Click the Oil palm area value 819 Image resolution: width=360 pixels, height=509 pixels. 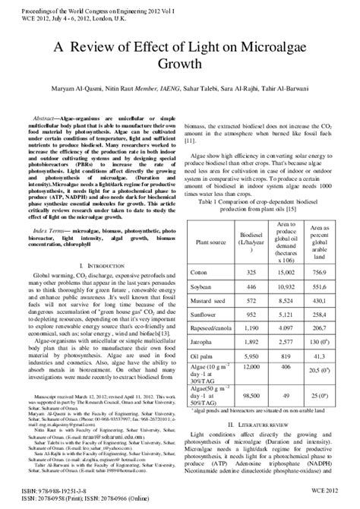[286, 357]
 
